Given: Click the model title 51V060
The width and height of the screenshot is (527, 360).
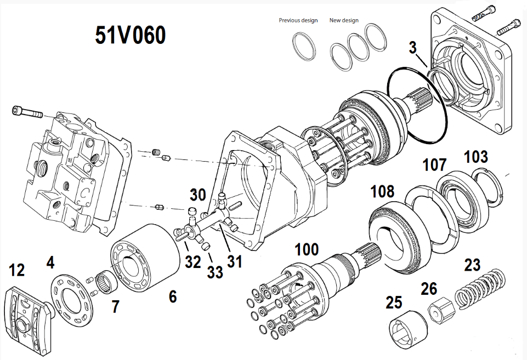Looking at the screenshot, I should [130, 36].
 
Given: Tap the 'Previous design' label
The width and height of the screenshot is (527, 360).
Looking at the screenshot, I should [298, 21].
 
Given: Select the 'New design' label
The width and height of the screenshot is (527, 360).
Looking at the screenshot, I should [344, 21].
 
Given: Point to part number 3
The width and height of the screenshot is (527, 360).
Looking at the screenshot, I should [413, 48].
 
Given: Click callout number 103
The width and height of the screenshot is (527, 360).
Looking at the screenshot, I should [475, 157].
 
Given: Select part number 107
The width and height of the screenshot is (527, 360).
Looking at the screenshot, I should [434, 164].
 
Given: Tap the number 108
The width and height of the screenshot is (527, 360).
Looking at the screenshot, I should [382, 191].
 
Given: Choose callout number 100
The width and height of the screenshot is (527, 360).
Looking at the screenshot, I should [306, 250].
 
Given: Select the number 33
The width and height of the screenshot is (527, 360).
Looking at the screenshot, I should [216, 271].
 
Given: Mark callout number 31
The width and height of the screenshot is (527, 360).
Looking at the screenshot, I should [234, 262].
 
